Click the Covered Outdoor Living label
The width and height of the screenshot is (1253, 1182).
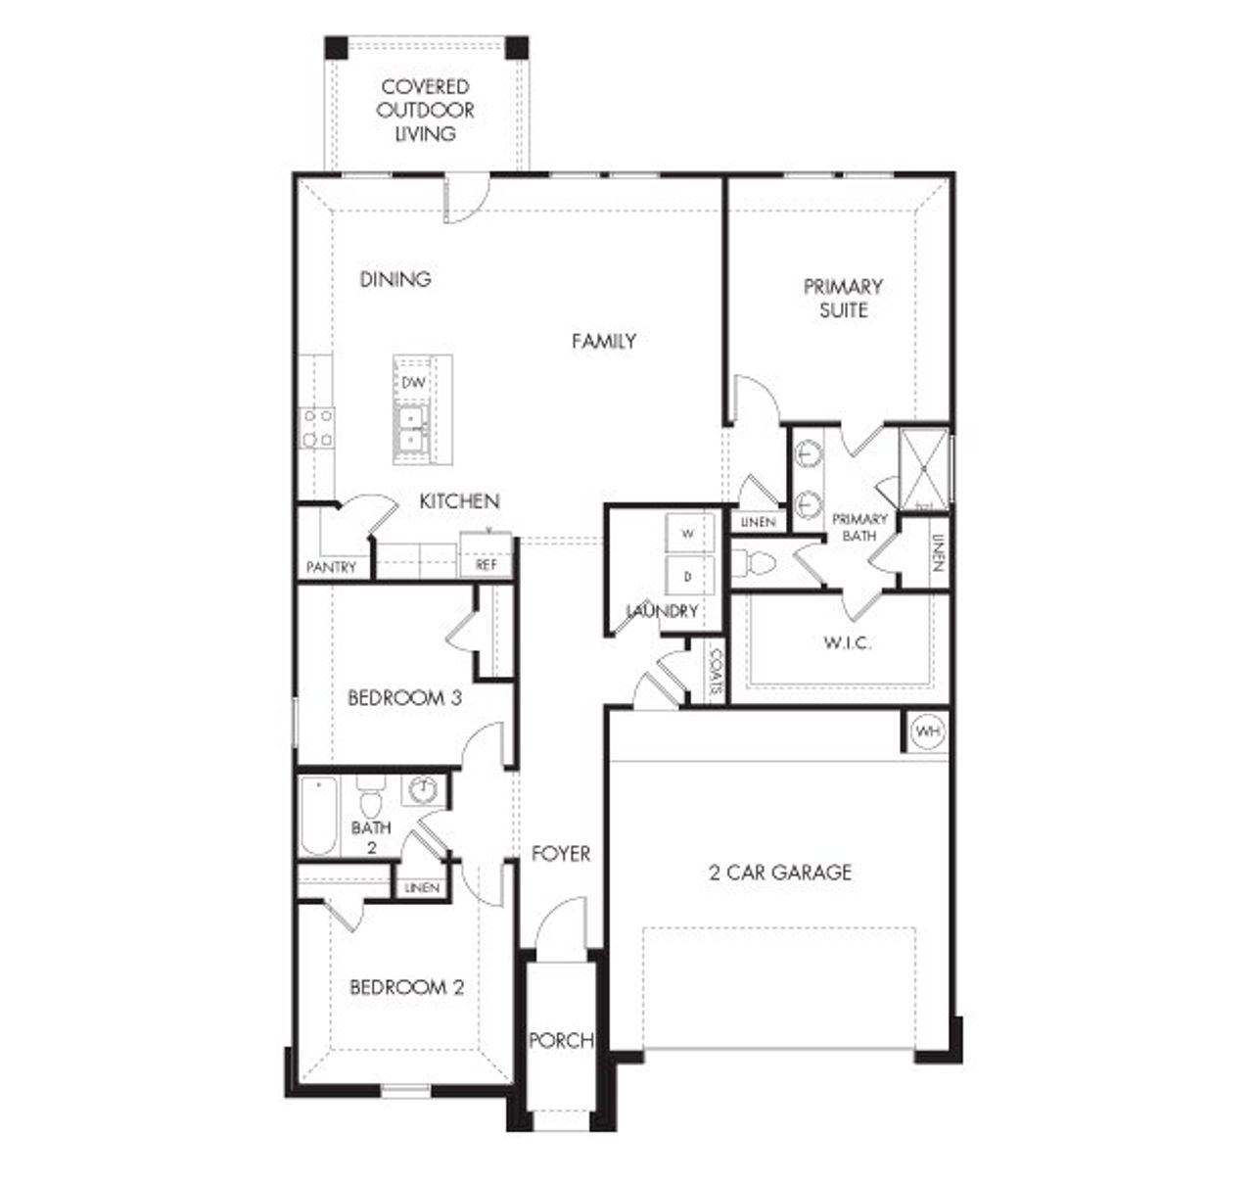pos(426,110)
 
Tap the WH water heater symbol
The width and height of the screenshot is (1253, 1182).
pos(926,732)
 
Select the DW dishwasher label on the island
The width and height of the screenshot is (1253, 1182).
pos(413,382)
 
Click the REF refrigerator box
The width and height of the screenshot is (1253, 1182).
pos(487,564)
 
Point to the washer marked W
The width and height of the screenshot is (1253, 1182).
pos(687,534)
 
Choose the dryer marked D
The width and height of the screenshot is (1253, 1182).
pos(687,577)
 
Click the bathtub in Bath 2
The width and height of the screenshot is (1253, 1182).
pos(318,816)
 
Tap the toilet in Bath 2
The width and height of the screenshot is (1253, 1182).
pos(370,800)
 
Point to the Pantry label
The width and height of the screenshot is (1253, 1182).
pos(332,567)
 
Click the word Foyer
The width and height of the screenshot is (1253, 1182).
pos(561,854)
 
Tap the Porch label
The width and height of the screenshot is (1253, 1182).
pos(561,1040)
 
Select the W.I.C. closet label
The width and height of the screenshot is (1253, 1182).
pos(847,643)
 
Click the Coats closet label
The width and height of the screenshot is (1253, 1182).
pos(716,672)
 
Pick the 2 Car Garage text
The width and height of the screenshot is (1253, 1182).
pos(780,872)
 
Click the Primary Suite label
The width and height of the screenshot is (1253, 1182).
pos(843,298)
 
